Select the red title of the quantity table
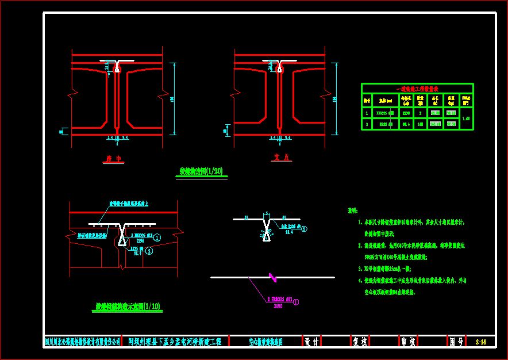tap(417, 89)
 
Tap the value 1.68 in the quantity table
tap(466, 118)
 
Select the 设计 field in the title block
tap(311, 342)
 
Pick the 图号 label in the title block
tap(456, 342)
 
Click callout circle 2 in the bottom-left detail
tap(149, 251)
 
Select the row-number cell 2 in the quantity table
tap(367, 124)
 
